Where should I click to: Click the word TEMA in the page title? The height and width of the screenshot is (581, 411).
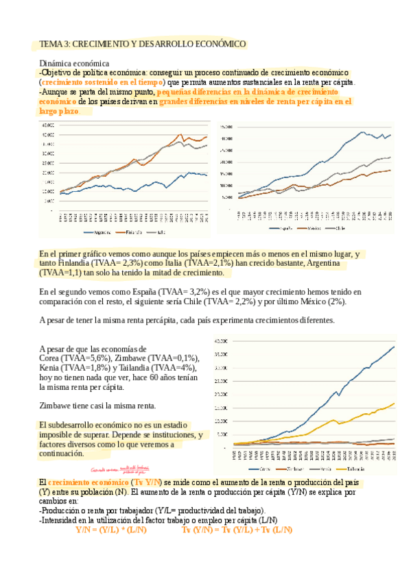coord(51,44)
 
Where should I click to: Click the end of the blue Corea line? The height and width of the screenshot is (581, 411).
coord(395,347)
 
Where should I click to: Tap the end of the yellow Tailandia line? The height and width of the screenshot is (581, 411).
coord(395,404)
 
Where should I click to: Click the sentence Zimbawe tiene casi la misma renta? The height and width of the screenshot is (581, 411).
coord(97,405)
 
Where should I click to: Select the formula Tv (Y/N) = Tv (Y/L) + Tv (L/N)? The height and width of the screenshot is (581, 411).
coord(237,510)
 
